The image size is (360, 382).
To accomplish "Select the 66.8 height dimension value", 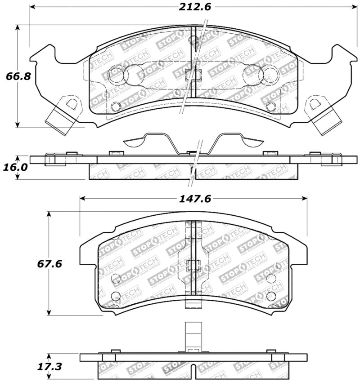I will coord(18,76).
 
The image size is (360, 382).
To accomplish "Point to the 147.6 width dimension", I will coord(194,199).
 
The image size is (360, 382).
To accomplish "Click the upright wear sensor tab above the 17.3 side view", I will coord(193,336).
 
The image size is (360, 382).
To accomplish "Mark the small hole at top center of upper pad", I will coord(193,41).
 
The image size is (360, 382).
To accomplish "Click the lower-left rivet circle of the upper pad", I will coord(116,107).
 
